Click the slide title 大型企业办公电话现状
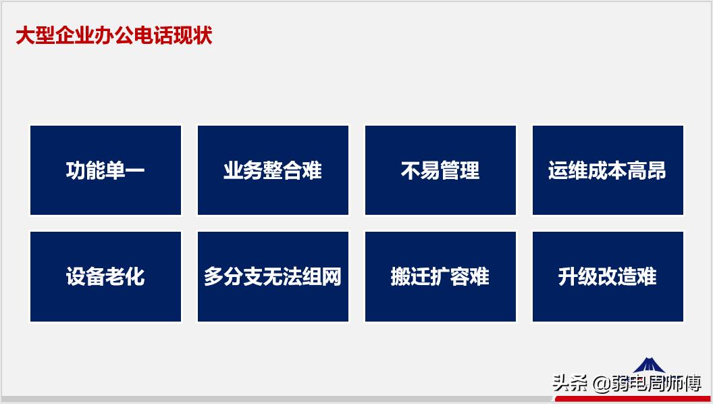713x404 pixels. tap(114, 35)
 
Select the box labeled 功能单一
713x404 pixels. tap(105, 170)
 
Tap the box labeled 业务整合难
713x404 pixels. tap(273, 170)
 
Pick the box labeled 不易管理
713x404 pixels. tap(440, 170)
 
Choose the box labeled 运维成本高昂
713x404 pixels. tap(608, 170)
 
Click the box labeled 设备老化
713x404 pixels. tap(105, 276)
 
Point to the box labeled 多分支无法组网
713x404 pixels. tap(273, 276)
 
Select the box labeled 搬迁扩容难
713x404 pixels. tap(440, 276)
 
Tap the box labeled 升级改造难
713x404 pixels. tap(608, 276)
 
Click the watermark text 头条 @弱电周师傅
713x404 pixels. tap(627, 384)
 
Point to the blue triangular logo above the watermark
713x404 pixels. tap(649, 365)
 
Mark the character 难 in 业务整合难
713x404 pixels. tap(312, 170)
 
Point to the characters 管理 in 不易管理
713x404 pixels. tap(460, 170)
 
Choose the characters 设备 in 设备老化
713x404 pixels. tap(86, 276)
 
